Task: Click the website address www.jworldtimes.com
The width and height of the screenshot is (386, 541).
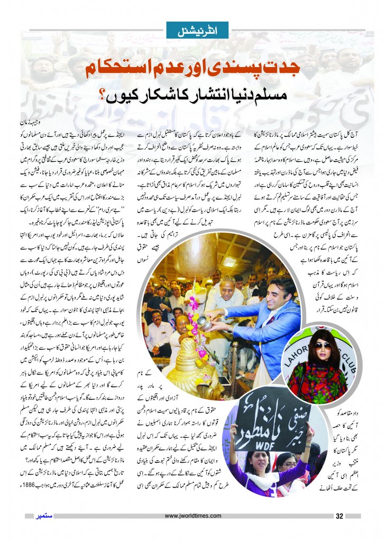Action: (192, 516)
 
